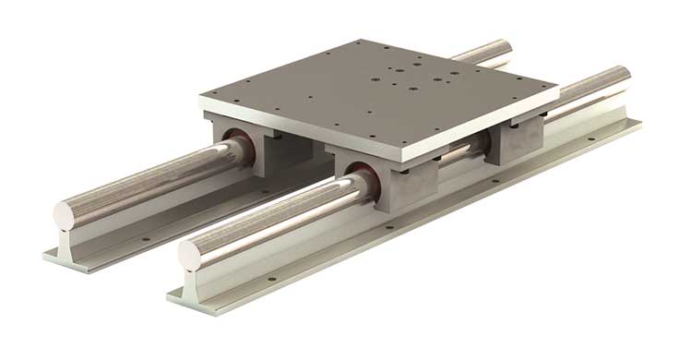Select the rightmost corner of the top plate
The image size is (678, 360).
558,90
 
